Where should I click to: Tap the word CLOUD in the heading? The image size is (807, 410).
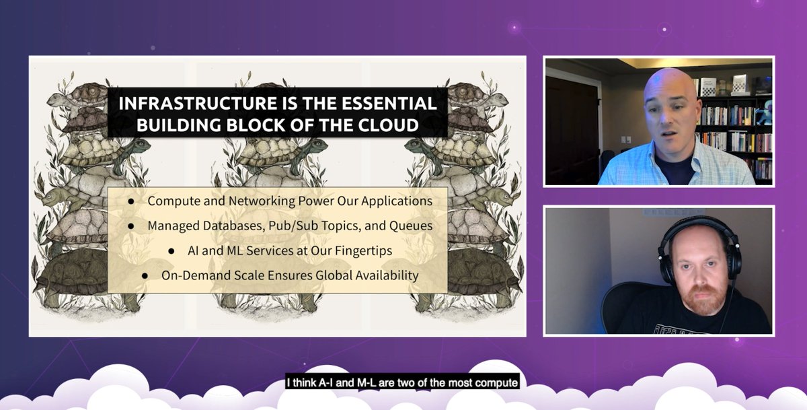pyautogui.click(x=401, y=125)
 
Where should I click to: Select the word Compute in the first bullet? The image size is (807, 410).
pyautogui.click(x=171, y=201)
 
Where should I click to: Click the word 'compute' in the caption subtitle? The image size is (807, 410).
pyautogui.click(x=496, y=384)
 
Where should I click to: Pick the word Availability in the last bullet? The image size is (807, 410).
pyautogui.click(x=390, y=275)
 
